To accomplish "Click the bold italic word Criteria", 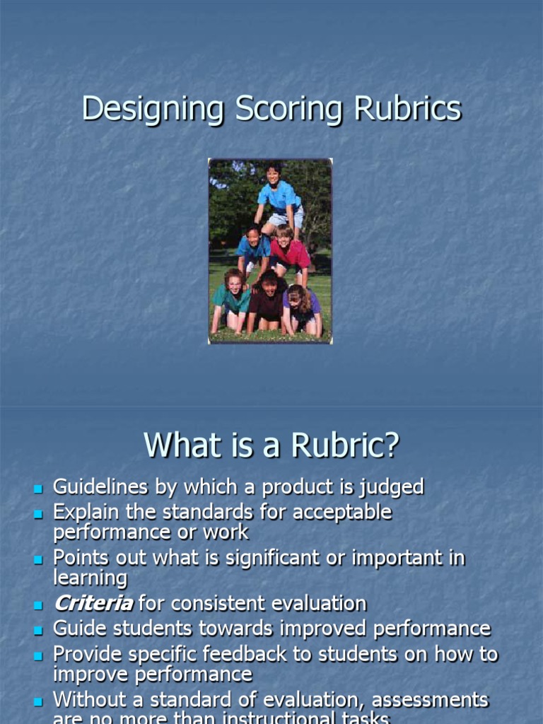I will pyautogui.click(x=93, y=603).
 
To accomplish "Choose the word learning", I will pyautogui.click(x=90, y=578).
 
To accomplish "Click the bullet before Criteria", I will pyautogui.click(x=38, y=605).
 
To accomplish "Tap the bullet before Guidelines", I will pyautogui.click(x=38, y=489).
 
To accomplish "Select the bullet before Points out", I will pyautogui.click(x=38, y=559).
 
